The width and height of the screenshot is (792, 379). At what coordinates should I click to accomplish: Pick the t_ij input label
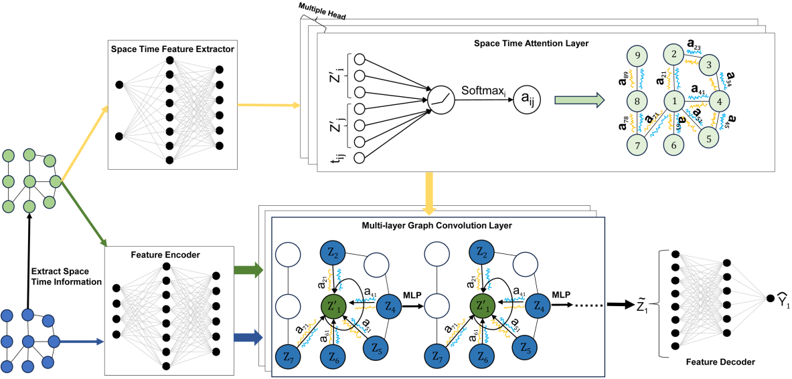point(338,158)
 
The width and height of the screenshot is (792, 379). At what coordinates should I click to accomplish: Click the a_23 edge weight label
point(696,47)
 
